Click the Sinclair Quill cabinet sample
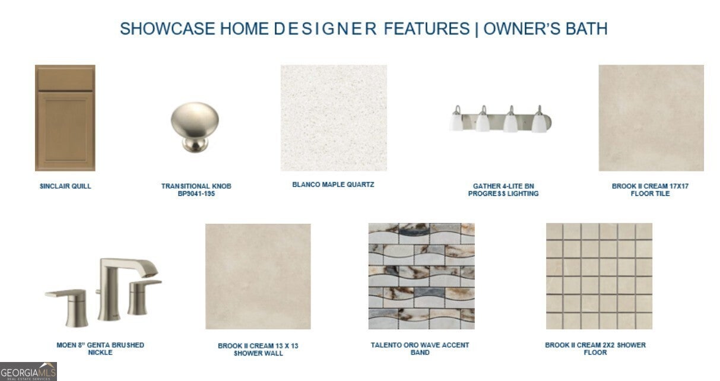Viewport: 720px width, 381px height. pos(65,118)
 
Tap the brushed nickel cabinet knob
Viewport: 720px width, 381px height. pos(195,127)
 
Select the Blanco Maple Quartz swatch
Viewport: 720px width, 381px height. pos(334,118)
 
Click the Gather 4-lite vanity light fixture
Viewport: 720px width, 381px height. pos(500,119)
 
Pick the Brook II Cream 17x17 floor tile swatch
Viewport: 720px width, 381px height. pos(651,118)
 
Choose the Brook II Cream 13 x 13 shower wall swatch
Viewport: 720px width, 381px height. pos(258,277)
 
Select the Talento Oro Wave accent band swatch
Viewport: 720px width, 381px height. pos(421,277)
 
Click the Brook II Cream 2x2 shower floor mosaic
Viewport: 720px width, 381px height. pos(599,277)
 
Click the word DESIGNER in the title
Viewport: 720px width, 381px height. pos(325,28)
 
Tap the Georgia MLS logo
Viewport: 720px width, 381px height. pos(28,372)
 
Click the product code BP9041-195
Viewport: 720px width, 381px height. pos(196,193)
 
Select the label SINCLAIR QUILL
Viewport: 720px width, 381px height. pos(65,186)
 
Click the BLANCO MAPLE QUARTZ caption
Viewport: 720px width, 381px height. pos(334,185)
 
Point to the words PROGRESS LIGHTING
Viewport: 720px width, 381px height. pos(503,193)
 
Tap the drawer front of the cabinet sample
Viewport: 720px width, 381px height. pos(65,78)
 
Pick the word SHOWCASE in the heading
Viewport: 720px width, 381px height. pos(167,28)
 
